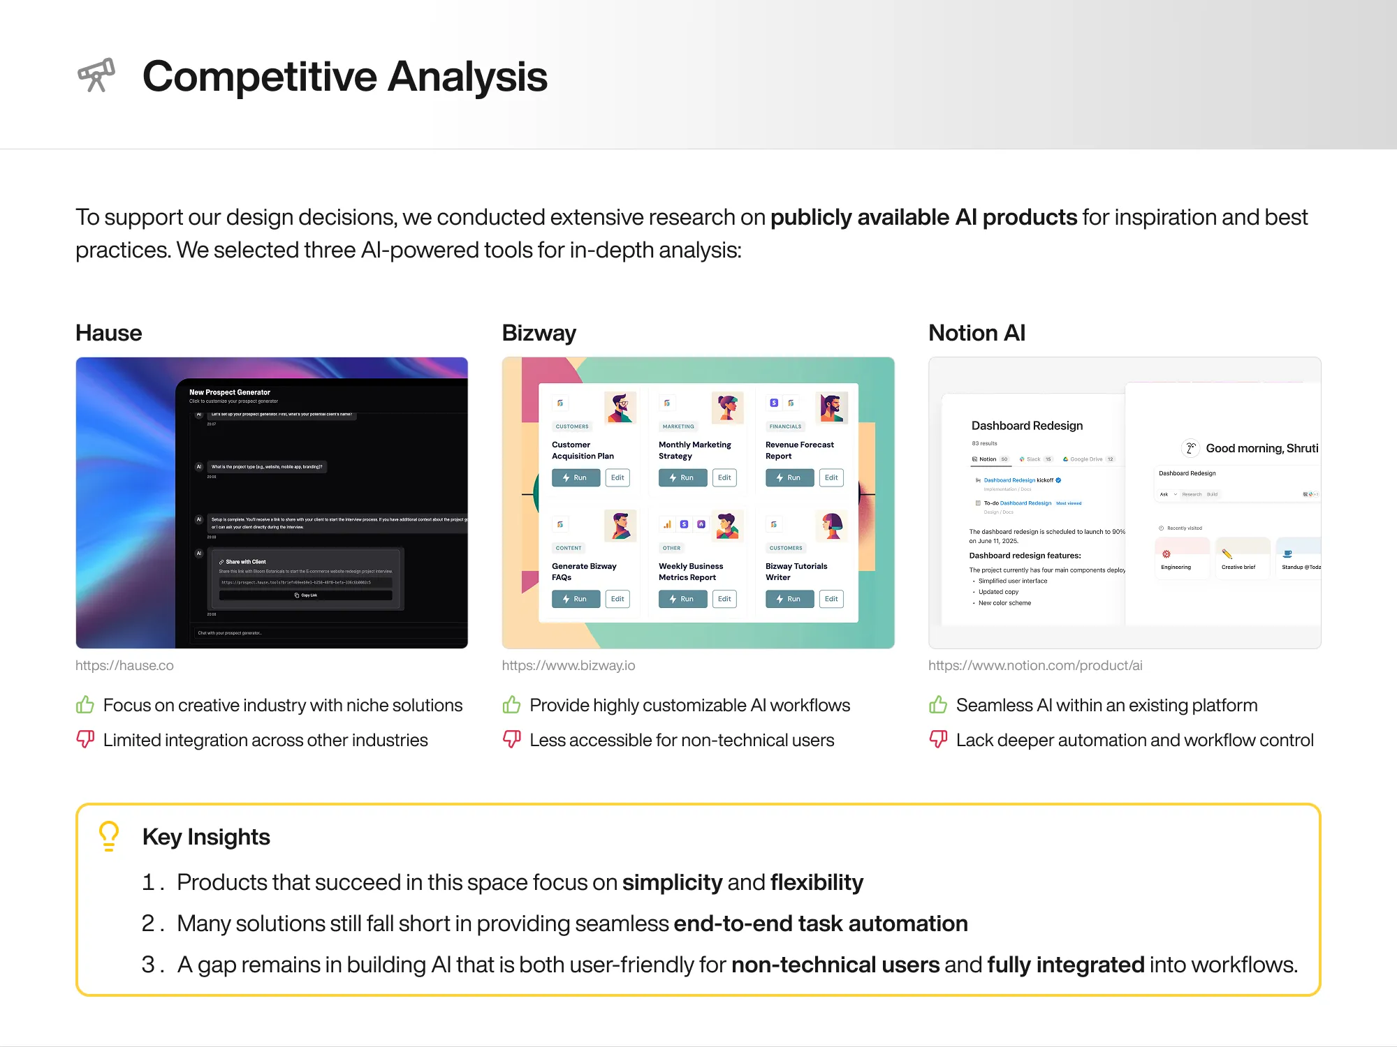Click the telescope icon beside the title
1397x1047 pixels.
[x=96, y=75]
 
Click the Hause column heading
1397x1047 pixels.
[x=108, y=333]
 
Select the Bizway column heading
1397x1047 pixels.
[x=539, y=333]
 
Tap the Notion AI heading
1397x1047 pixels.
[x=977, y=333]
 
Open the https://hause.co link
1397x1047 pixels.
[x=124, y=665]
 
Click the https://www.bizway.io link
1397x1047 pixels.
[x=568, y=665]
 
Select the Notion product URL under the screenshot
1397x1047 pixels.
[x=1034, y=665]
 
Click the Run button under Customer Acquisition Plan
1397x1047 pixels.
[x=576, y=477]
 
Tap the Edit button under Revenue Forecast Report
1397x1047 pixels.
[x=831, y=477]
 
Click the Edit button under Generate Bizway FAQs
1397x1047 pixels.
[x=617, y=599]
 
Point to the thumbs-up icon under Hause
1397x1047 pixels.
[x=85, y=704]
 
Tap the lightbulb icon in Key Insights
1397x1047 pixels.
[x=109, y=836]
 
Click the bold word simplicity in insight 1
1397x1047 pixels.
[x=672, y=882]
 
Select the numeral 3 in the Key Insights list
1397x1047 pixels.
[x=148, y=964]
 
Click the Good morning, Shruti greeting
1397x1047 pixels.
[x=1261, y=448]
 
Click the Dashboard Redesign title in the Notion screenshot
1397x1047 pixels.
[x=1027, y=426]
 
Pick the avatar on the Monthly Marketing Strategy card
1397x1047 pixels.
[x=727, y=408]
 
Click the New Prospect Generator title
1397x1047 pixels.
[x=230, y=392]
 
